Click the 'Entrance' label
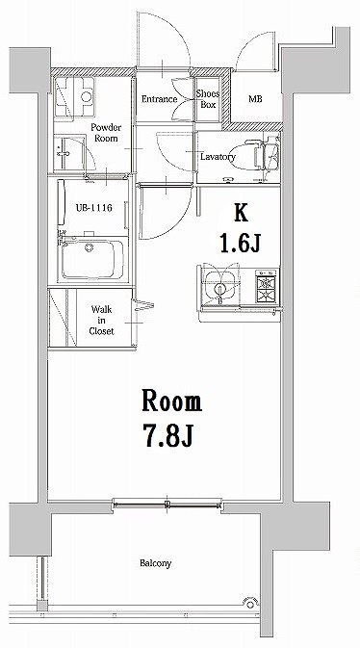point(158,99)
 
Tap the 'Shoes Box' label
point(207,99)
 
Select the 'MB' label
point(255,99)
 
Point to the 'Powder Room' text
point(104,133)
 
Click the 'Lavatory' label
point(218,156)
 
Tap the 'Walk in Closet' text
point(102,320)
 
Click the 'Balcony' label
point(156,563)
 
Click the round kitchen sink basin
point(220,287)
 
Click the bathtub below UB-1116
point(92,260)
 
